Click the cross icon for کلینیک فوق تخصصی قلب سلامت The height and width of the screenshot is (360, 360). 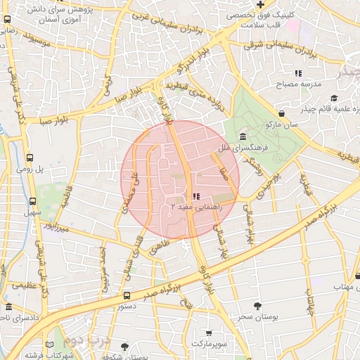(x=259, y=4)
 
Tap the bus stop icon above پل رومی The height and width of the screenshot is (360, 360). (x=30, y=158)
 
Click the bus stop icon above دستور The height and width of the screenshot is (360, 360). (x=127, y=296)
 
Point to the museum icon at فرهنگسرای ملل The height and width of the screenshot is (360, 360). (x=243, y=136)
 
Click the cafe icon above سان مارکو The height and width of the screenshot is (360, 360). (x=281, y=112)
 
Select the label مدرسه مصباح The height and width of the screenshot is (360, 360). (x=301, y=84)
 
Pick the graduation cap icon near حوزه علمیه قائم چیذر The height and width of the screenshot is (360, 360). (x=334, y=98)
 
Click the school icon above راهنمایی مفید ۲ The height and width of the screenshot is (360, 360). (x=195, y=196)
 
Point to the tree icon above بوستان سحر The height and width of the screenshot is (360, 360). (x=258, y=306)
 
